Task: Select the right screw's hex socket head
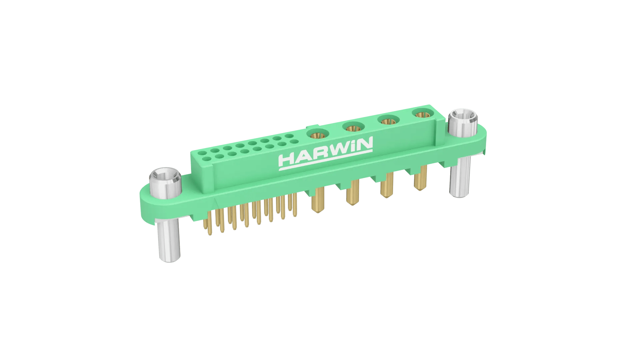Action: click(x=463, y=122)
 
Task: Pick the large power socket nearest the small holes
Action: click(x=318, y=134)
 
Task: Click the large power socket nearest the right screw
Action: click(x=422, y=114)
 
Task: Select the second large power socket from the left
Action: click(x=353, y=127)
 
